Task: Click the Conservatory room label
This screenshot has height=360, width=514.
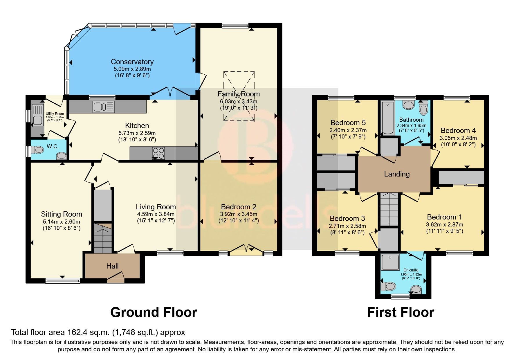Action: pyautogui.click(x=132, y=62)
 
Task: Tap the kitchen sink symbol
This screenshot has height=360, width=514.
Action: pyautogui.click(x=103, y=107)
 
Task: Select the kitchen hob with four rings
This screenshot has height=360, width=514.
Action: pyautogui.click(x=158, y=153)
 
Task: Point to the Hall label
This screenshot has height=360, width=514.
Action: pyautogui.click(x=112, y=266)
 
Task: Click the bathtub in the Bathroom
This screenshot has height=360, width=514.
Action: pyautogui.click(x=387, y=118)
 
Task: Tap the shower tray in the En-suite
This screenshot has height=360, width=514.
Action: pyautogui.click(x=390, y=262)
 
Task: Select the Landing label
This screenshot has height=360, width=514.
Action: pyautogui.click(x=397, y=174)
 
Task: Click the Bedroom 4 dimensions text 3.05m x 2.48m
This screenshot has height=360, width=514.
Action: pyautogui.click(x=458, y=138)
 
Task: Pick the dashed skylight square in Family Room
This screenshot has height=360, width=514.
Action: pyautogui.click(x=239, y=96)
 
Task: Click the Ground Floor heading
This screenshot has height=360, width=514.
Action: pyautogui.click(x=154, y=313)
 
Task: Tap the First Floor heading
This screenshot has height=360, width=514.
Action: pyautogui.click(x=401, y=313)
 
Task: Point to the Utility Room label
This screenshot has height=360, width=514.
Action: pyautogui.click(x=55, y=114)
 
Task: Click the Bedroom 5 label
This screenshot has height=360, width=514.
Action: pyautogui.click(x=348, y=123)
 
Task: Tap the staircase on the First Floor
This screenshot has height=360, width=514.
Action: pyautogui.click(x=389, y=209)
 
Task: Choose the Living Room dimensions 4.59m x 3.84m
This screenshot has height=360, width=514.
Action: pyautogui.click(x=156, y=214)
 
